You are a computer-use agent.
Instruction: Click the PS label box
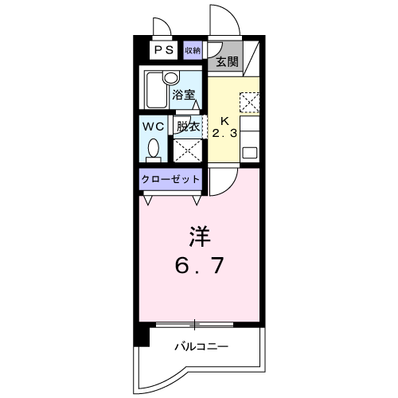164,50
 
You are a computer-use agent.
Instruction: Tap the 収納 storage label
193,50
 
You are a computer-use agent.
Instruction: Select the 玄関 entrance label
227,62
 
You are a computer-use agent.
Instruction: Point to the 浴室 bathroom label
184,95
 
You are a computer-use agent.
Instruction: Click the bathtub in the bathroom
157,90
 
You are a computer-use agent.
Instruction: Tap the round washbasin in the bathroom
170,78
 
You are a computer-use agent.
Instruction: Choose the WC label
154,127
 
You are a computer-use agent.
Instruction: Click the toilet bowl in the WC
154,149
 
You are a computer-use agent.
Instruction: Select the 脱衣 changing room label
188,127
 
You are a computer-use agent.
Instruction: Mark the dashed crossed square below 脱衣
188,150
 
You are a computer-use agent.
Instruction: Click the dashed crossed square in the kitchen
249,102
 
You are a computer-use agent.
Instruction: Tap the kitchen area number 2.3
224,133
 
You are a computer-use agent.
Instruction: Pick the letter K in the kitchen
224,121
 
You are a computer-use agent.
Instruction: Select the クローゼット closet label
170,179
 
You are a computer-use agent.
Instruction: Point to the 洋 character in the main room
200,236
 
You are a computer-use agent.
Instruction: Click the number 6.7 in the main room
200,265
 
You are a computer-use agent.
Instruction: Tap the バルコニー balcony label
201,346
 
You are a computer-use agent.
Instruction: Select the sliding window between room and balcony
194,324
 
